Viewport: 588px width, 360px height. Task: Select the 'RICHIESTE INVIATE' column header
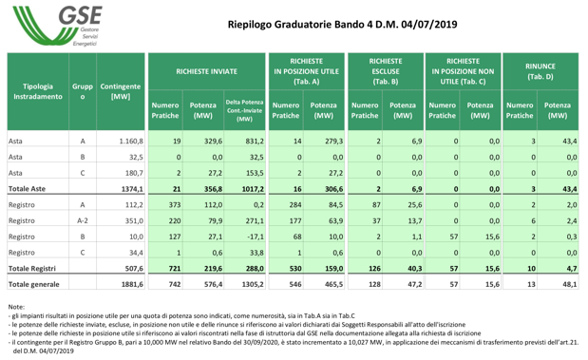(x=207, y=70)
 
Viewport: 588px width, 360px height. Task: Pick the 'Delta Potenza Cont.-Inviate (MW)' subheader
(x=244, y=110)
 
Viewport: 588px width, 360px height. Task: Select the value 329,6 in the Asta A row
(x=206, y=141)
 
